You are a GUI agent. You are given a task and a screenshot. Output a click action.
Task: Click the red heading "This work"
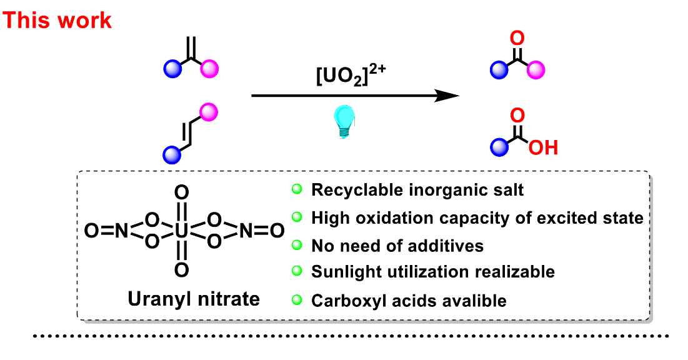pyautogui.click(x=57, y=20)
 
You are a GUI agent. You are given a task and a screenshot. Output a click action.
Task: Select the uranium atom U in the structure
pyautogui.click(x=181, y=231)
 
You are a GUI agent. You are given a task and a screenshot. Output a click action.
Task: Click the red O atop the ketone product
pyautogui.click(x=517, y=39)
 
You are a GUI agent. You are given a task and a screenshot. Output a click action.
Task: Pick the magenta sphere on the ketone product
pyautogui.click(x=536, y=70)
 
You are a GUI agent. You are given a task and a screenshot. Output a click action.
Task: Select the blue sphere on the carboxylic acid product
pyautogui.click(x=498, y=147)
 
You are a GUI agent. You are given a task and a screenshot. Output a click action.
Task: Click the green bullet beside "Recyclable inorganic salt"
pyautogui.click(x=297, y=189)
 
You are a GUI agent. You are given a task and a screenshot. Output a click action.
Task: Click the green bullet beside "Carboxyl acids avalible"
pyautogui.click(x=297, y=300)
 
